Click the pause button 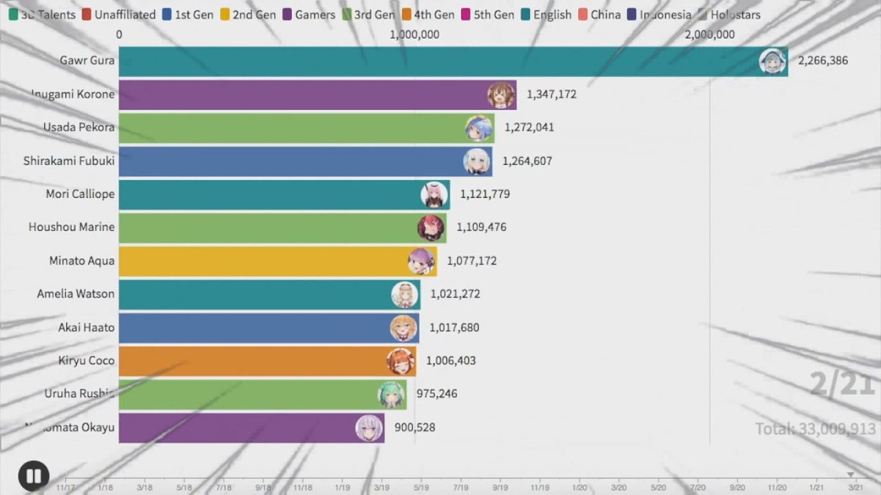34,476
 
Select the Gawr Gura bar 440,61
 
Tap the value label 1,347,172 551,94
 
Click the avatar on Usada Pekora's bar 478,128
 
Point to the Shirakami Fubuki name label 69,161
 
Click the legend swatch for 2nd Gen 225,14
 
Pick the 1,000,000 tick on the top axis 414,34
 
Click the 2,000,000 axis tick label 710,34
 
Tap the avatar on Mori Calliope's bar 434,195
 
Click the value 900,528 414,428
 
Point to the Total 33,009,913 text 815,429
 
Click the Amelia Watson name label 76,294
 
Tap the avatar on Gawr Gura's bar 772,61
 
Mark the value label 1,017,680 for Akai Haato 454,328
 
